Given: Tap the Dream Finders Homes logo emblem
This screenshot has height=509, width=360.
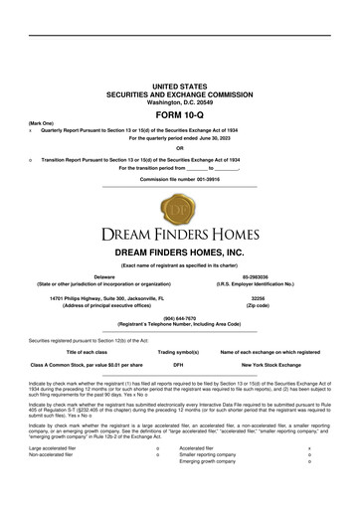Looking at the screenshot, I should coord(180,211).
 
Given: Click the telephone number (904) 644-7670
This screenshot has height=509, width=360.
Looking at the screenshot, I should coord(180,319).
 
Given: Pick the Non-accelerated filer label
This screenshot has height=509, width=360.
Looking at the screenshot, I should coord(53,483).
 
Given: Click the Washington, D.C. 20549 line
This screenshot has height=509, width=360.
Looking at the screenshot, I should coord(180,101).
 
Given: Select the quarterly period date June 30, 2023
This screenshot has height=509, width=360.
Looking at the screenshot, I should coord(234,136).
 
